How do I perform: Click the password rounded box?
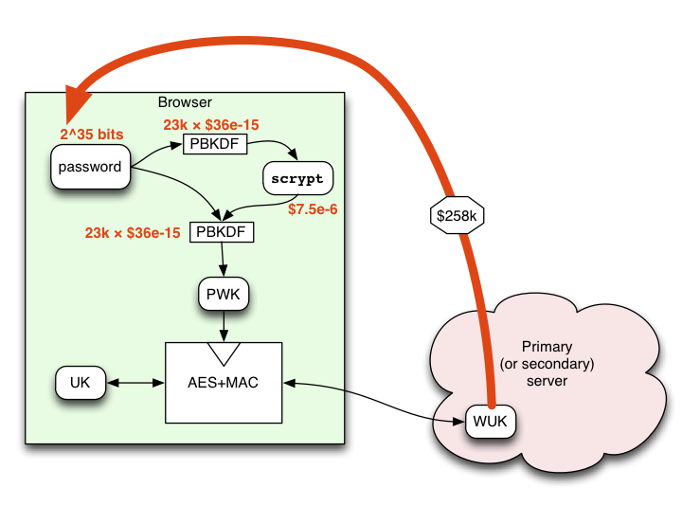(x=90, y=167)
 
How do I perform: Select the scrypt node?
(x=297, y=178)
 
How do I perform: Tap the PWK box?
(x=224, y=294)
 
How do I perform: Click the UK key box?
(x=81, y=382)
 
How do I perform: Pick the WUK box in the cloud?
(x=490, y=421)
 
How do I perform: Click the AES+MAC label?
(x=223, y=383)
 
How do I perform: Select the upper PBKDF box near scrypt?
(x=215, y=144)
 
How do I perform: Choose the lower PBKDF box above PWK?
(x=222, y=232)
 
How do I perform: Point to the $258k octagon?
(x=457, y=215)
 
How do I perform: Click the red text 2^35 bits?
(x=92, y=134)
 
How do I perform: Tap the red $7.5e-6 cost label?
(x=313, y=209)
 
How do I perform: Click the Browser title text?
(x=185, y=102)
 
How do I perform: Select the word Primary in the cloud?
(x=547, y=347)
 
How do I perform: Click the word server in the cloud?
(x=547, y=381)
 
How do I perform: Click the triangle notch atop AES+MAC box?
(x=224, y=354)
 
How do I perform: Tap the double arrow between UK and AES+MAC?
(x=135, y=383)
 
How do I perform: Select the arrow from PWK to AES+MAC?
(x=224, y=327)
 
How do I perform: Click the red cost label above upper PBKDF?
(x=211, y=125)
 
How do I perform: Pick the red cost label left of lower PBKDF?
(x=133, y=233)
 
